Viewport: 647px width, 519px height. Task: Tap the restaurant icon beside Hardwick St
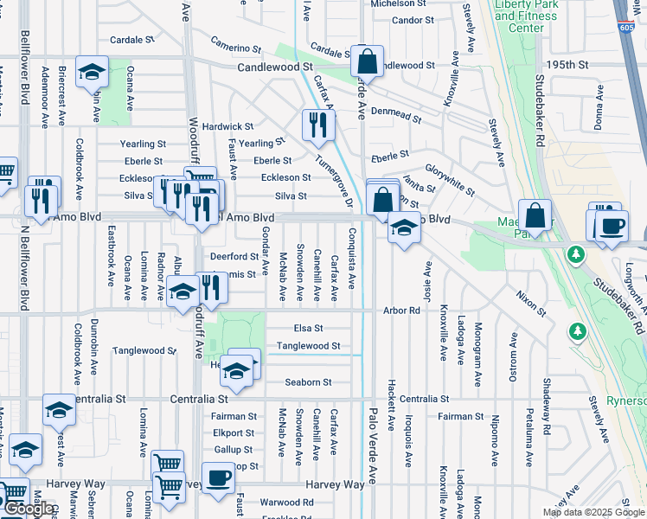click(x=318, y=125)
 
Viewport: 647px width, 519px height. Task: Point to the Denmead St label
click(x=395, y=112)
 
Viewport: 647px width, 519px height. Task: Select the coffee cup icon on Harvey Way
click(x=220, y=477)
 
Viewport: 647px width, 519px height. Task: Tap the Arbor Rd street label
click(x=402, y=310)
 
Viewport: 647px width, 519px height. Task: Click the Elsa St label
click(x=308, y=328)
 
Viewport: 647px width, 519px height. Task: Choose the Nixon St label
click(x=531, y=304)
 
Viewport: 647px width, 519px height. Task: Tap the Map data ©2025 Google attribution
click(x=593, y=512)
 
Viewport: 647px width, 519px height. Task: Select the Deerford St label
click(x=234, y=256)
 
